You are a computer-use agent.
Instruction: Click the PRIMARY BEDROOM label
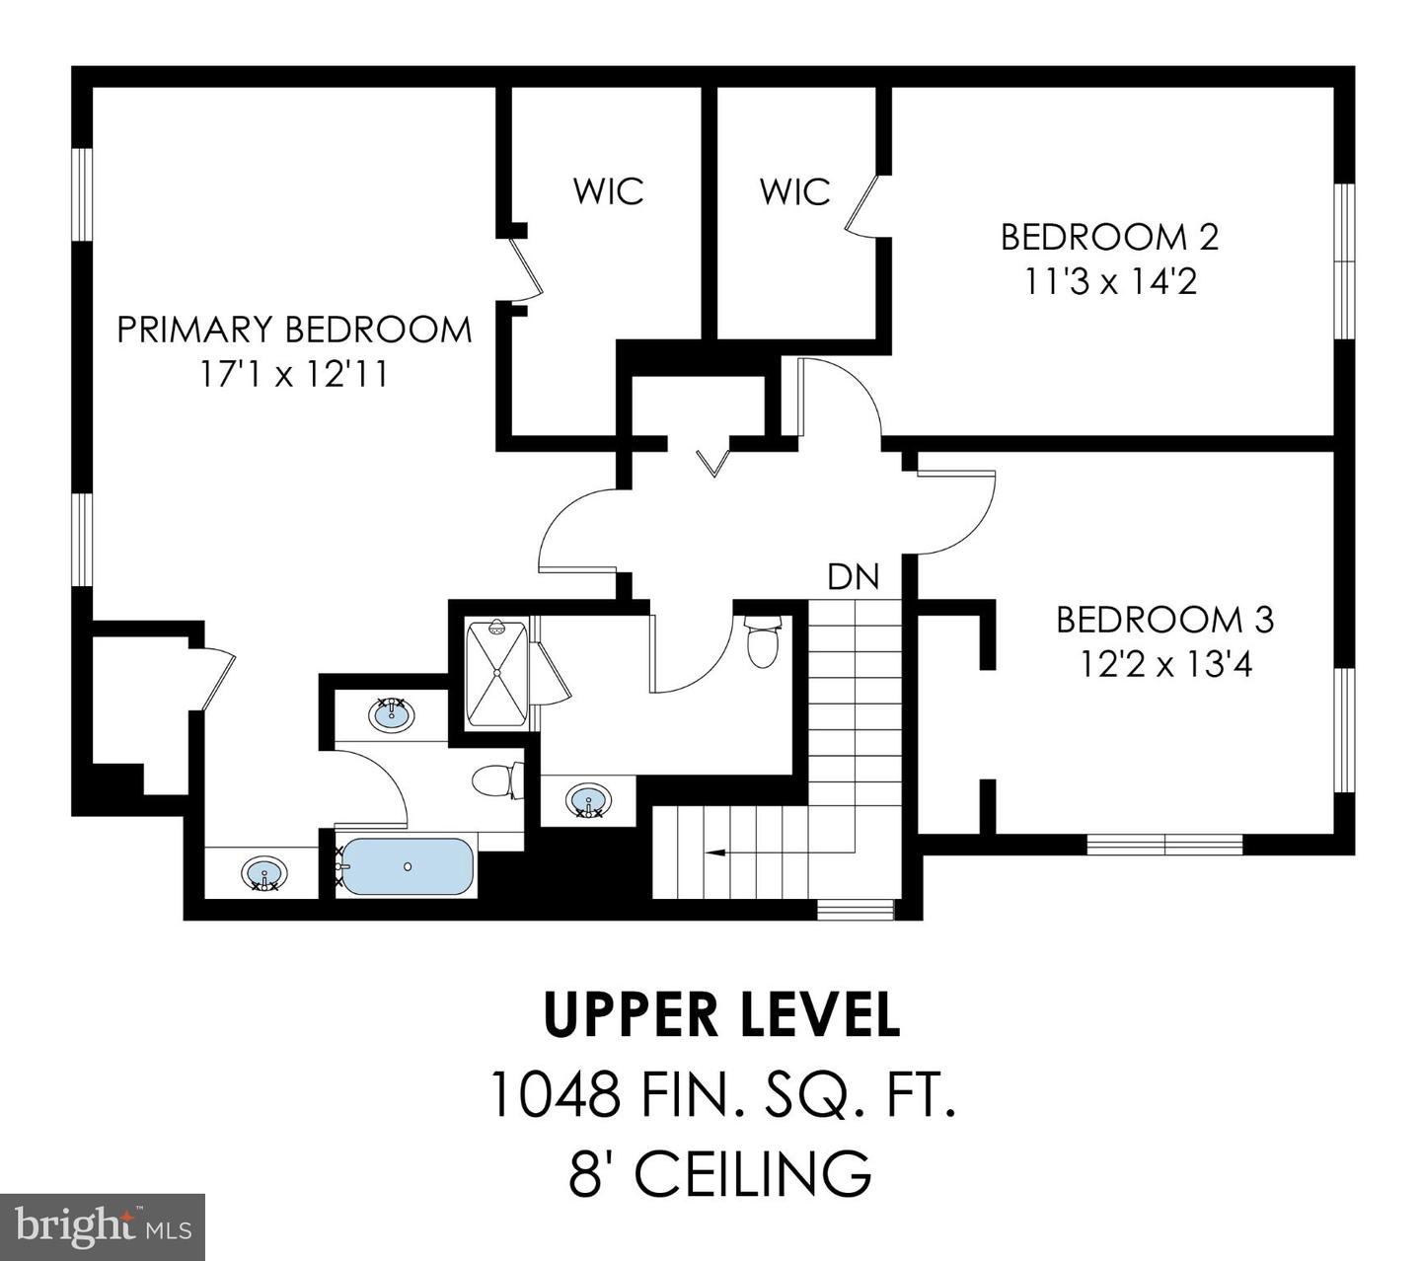point(294,330)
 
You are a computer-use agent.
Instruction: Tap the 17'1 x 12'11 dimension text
point(292,375)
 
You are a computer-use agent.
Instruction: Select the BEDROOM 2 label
point(1109,237)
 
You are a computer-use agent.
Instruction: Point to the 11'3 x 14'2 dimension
point(1109,282)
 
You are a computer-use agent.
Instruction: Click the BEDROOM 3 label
point(1164,620)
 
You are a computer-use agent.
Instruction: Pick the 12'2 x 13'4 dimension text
point(1164,665)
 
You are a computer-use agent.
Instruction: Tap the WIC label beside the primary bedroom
point(608,190)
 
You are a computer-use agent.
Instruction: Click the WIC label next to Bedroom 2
point(794,190)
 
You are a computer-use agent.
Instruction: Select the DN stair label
point(853,576)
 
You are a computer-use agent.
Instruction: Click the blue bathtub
point(407,866)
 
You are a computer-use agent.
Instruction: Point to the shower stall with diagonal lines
point(496,673)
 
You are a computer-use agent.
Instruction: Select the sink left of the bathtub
point(263,874)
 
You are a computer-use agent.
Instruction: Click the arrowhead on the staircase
point(712,851)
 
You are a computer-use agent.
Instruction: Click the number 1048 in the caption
point(555,1094)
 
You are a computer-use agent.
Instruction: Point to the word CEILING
point(753,1173)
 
